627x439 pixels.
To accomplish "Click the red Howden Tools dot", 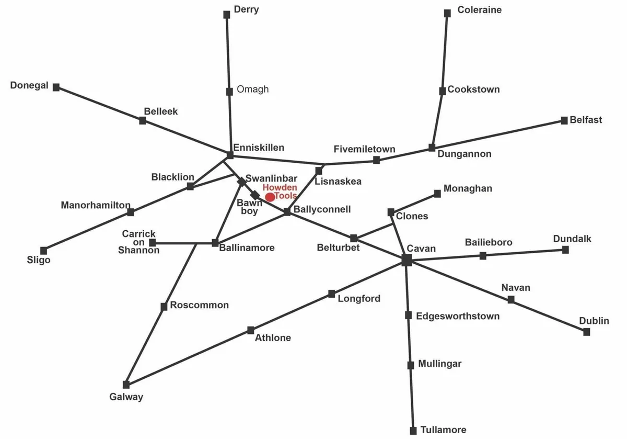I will [x=270, y=197].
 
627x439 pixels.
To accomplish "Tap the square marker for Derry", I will [x=227, y=15].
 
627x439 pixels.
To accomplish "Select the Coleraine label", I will [x=479, y=10].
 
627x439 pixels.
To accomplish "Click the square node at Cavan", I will [x=407, y=260].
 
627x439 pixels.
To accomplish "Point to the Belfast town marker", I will [x=564, y=120].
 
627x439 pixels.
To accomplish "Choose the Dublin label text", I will [x=594, y=321].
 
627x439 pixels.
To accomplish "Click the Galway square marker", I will [x=126, y=384].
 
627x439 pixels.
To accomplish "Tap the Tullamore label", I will [x=444, y=430].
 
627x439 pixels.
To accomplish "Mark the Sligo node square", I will [x=43, y=251].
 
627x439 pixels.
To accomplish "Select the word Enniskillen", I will [x=259, y=148].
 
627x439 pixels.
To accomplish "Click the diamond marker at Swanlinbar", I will [x=241, y=182].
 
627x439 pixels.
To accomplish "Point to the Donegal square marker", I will [x=56, y=87].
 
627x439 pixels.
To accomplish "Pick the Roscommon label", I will [x=199, y=305].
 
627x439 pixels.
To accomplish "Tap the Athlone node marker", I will [x=251, y=330].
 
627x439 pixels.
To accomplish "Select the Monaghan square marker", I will [x=437, y=194].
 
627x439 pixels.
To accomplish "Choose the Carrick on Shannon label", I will [x=139, y=242].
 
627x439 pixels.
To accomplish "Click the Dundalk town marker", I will [x=565, y=250].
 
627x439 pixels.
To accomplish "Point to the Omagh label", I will [x=252, y=89].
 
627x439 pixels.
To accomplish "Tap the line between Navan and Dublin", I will [x=549, y=316].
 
